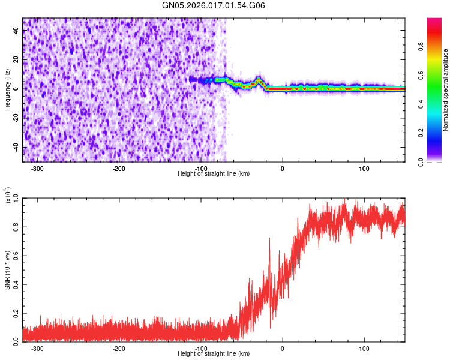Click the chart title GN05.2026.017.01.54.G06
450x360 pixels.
tap(214, 5)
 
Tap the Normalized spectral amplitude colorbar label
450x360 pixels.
tap(446, 90)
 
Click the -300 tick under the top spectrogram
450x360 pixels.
tap(37, 169)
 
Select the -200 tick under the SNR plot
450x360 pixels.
tap(119, 348)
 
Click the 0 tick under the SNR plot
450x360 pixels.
tap(283, 348)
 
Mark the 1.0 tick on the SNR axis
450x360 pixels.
tap(15, 197)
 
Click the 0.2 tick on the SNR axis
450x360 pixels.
tap(15, 313)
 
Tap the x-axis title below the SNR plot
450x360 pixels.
tap(214, 354)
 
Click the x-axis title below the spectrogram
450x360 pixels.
tap(214, 174)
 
